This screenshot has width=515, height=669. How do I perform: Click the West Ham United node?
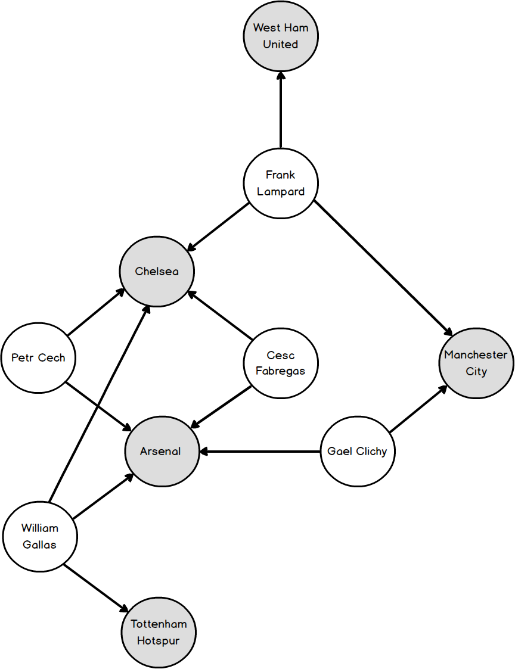[281, 36]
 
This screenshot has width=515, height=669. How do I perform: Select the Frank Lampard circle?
[281, 183]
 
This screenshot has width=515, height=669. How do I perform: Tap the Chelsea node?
[157, 272]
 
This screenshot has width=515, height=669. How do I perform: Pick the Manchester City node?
[476, 363]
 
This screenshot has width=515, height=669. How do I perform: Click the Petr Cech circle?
[38, 358]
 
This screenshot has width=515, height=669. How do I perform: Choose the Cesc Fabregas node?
[281, 363]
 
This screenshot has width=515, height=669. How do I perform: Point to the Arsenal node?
[161, 451]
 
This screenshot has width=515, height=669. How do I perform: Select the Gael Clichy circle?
[358, 451]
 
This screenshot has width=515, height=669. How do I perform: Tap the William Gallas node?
[40, 536]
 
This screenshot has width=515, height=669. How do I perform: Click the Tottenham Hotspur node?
[159, 632]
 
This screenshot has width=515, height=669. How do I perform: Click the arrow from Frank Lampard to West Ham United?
[281, 110]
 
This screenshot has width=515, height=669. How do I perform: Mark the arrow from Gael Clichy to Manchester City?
[418, 408]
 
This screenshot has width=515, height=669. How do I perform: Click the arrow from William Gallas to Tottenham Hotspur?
[95, 588]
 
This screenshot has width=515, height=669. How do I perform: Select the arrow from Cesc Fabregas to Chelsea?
[220, 315]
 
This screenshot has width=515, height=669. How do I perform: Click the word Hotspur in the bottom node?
[159, 641]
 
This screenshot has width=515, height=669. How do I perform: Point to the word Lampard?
[281, 192]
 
